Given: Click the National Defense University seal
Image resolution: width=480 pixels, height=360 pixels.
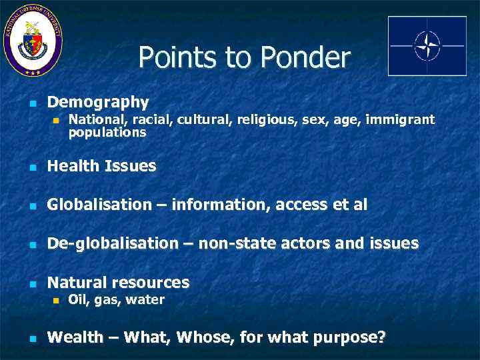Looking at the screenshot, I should (33, 40).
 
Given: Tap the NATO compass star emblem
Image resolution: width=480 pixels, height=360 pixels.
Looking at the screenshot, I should (427, 45).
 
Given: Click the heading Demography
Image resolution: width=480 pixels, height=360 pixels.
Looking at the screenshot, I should (98, 102).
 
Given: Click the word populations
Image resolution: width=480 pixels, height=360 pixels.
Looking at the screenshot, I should (107, 133).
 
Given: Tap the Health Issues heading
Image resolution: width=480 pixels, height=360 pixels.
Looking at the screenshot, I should (101, 166).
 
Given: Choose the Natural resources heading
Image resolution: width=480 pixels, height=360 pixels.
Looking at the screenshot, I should (118, 282).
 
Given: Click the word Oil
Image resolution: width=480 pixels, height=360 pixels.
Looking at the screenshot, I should (77, 300).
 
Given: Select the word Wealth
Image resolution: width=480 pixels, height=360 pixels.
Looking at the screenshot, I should (75, 337).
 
